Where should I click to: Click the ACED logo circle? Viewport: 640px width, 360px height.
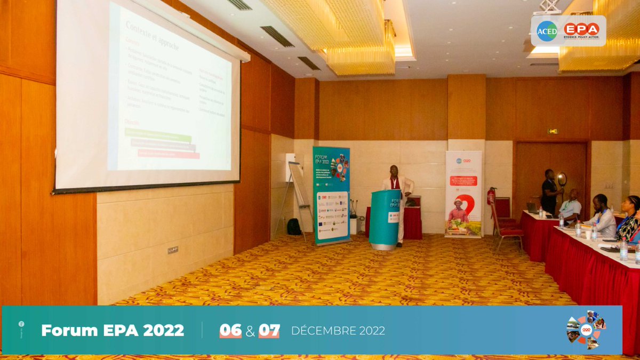(547, 31)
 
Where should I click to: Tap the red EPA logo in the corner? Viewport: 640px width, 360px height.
(581, 30)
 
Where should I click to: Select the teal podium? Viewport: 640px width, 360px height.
(385, 219)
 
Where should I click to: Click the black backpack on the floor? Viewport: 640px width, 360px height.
(294, 227)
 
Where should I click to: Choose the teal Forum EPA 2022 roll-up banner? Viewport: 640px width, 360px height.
(331, 195)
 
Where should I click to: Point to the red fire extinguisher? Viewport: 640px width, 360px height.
(491, 196)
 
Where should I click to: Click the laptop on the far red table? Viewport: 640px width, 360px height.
(532, 207)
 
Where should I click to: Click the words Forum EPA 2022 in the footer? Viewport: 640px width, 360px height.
(113, 331)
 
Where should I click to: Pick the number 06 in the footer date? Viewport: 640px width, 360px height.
(230, 331)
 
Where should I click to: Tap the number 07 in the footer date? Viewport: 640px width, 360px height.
(269, 331)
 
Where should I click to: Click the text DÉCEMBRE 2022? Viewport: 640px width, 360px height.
(338, 331)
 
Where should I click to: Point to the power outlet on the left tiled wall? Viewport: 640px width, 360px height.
(173, 250)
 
